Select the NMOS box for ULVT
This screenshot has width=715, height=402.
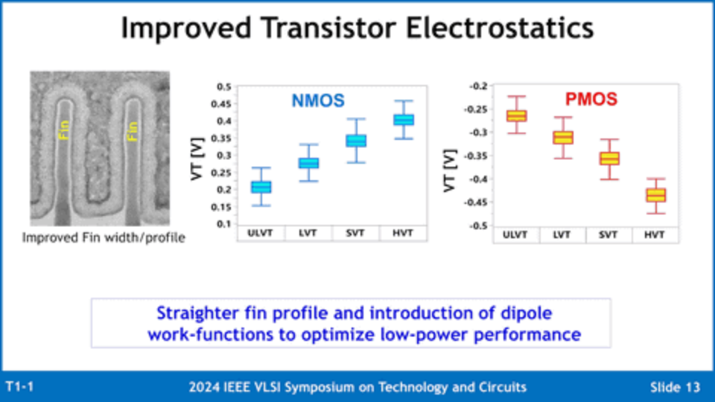point(261,187)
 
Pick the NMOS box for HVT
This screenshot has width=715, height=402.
point(404,120)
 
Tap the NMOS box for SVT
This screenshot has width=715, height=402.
point(356,141)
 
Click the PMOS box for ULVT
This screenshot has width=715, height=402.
point(516,115)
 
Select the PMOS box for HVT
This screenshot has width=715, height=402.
point(655,195)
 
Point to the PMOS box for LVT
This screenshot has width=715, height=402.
point(563,137)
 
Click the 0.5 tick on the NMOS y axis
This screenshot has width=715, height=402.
point(223,86)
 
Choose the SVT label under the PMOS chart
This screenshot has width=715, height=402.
point(609,235)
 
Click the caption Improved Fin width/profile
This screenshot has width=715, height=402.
point(104,238)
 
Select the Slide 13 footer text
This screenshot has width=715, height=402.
point(675,387)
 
